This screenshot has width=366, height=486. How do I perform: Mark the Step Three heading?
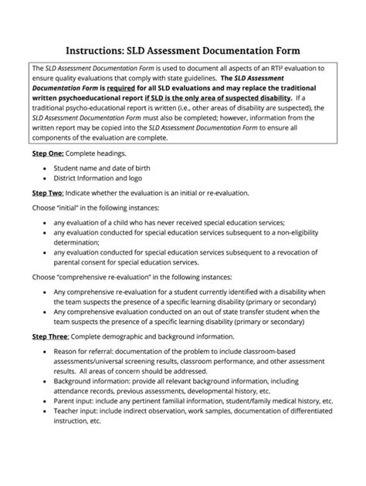(x=55, y=336)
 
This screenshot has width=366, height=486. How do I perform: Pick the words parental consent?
(x=84, y=262)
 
